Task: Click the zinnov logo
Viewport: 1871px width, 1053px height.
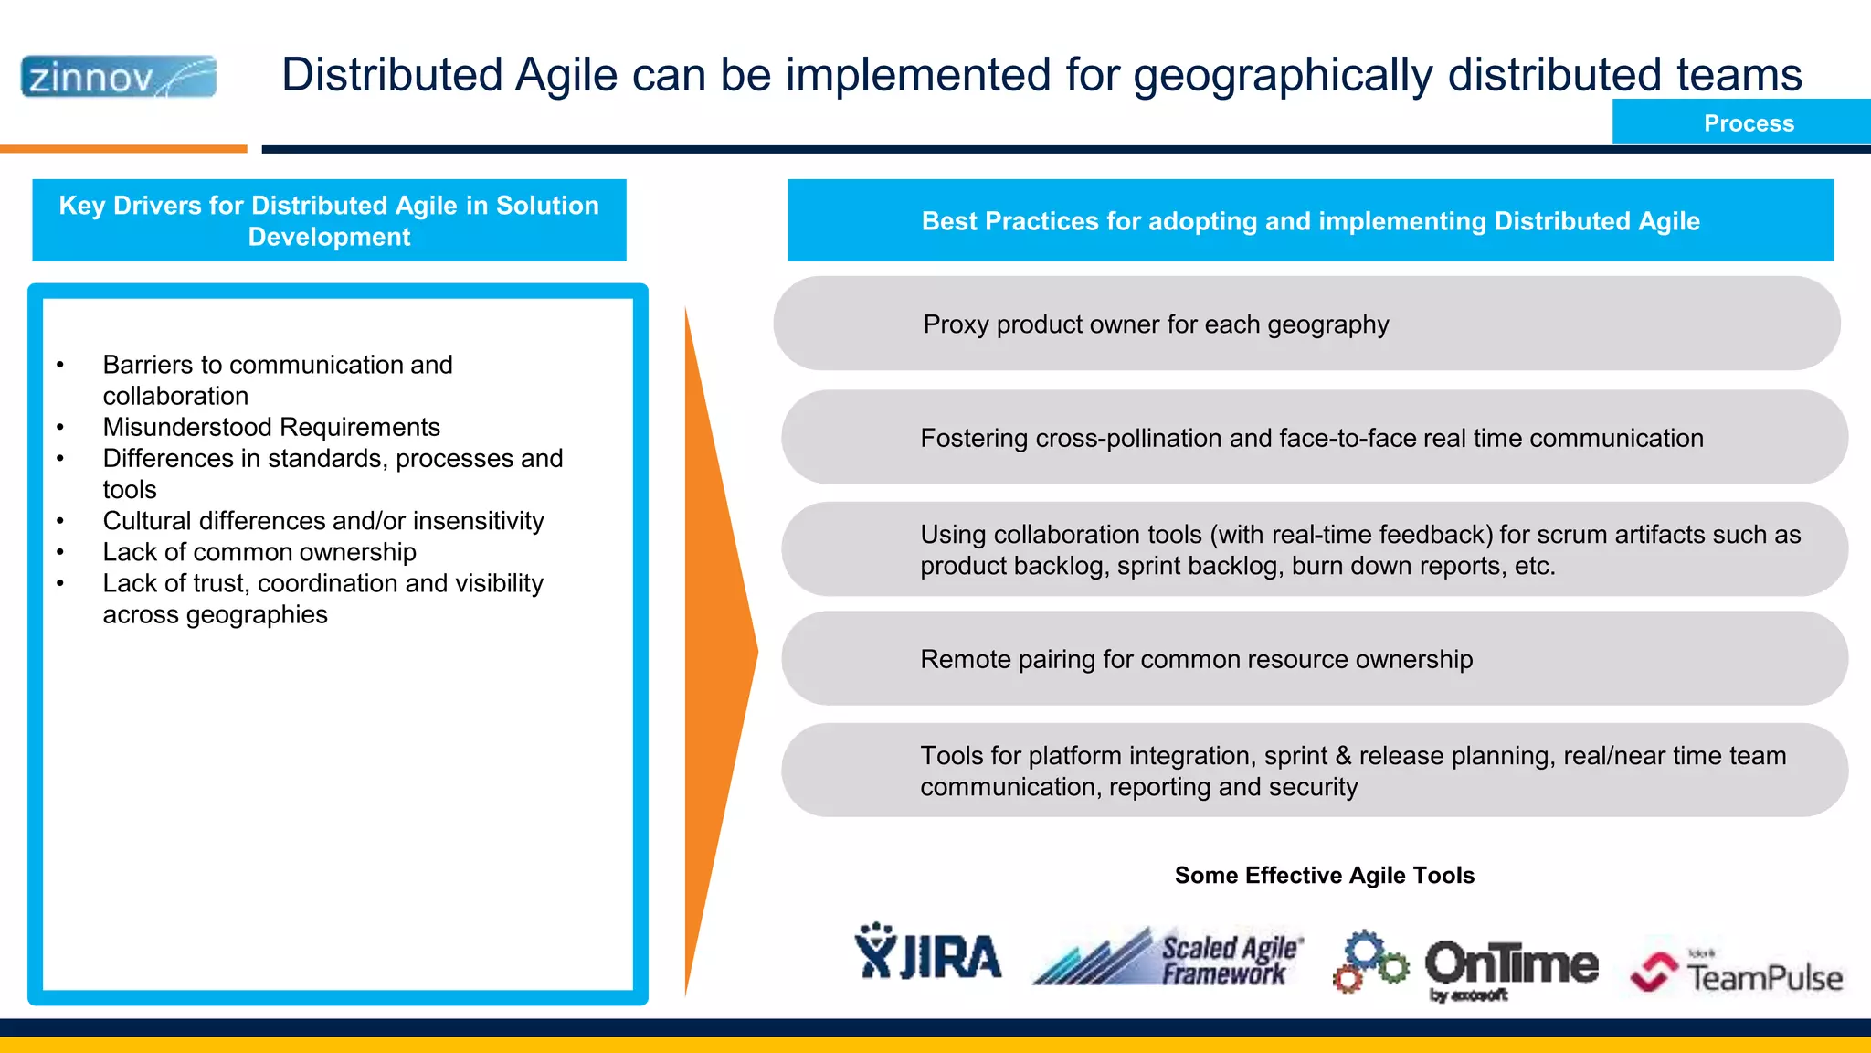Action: point(119,77)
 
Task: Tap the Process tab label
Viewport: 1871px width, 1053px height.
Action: point(1748,123)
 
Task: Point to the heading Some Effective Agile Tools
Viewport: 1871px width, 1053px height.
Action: point(1324,876)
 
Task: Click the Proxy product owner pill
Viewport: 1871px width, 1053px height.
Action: point(1306,324)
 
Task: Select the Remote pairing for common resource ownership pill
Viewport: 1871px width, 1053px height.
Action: point(1314,659)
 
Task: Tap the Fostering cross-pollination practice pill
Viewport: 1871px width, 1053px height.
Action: point(1314,438)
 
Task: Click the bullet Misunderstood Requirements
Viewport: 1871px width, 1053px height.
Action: point(271,428)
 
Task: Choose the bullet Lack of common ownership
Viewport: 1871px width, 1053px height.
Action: point(259,552)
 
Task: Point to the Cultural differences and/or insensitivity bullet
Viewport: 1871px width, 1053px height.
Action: point(322,521)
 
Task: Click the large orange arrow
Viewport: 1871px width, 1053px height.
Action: point(717,651)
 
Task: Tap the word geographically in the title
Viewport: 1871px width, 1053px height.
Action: point(1283,76)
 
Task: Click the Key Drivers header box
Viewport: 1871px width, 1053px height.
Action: point(329,220)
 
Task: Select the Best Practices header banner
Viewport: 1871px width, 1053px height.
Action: point(1310,220)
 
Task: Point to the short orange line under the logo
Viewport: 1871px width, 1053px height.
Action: point(123,148)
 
